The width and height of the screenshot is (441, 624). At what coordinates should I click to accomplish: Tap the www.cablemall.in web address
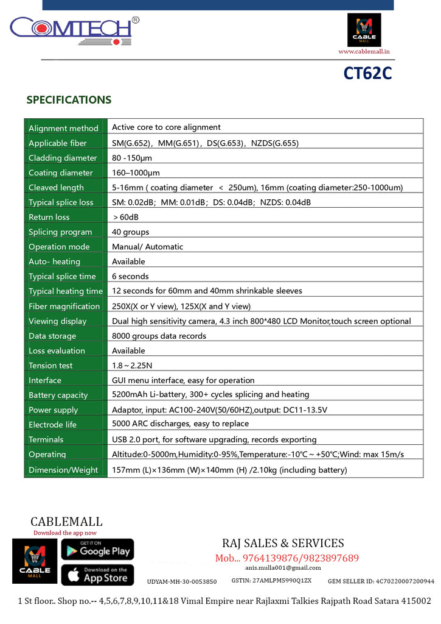(364, 52)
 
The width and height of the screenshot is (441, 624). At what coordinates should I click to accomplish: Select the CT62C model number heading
(367, 73)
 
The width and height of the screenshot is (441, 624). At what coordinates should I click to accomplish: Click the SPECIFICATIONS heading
(69, 100)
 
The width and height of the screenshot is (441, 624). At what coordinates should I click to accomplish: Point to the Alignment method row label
(63, 128)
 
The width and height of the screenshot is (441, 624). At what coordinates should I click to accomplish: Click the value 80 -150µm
(132, 158)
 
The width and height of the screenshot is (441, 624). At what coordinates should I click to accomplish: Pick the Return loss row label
(49, 217)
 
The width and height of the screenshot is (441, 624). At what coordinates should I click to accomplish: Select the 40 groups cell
(130, 232)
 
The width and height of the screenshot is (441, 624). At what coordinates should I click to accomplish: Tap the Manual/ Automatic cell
(147, 247)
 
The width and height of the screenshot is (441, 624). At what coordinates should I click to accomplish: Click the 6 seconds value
(130, 276)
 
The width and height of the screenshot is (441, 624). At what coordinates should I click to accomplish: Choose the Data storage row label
(52, 336)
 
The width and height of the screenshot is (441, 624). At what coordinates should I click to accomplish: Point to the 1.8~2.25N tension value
(131, 365)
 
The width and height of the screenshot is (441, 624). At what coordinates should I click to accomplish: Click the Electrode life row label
(52, 425)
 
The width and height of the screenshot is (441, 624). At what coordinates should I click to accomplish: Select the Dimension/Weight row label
(63, 470)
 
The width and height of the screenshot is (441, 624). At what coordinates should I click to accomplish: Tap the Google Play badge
(97, 549)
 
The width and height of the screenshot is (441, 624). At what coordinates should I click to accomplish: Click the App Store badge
(97, 575)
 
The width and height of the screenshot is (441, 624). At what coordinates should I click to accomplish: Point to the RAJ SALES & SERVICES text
(283, 543)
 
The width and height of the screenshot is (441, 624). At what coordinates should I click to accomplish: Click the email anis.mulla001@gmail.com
(283, 568)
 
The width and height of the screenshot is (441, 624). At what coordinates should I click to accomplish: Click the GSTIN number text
(271, 581)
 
